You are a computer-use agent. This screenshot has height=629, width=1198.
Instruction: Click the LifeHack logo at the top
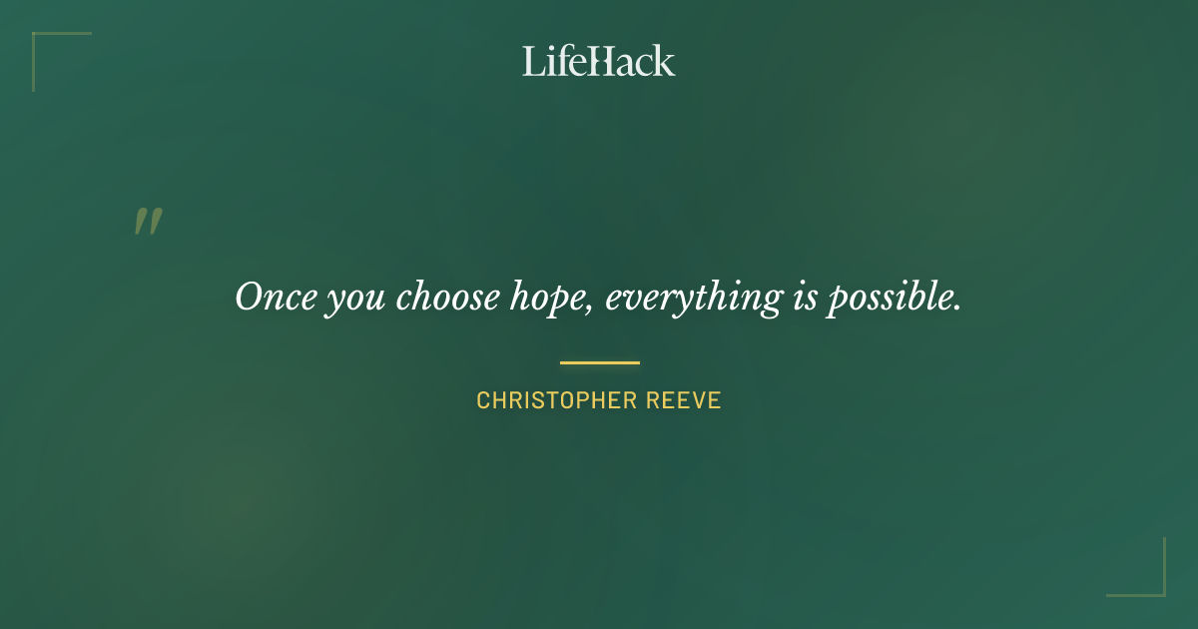pos(598,61)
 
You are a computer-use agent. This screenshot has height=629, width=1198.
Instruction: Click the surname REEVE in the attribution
pos(682,401)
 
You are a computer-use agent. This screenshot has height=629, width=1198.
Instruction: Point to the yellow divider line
pos(599,362)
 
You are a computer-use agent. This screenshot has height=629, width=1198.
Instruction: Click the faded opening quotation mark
pos(148,222)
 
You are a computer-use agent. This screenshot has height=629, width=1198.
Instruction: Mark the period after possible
pos(957,309)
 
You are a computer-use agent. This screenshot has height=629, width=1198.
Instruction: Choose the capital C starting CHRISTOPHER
pos(483,401)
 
